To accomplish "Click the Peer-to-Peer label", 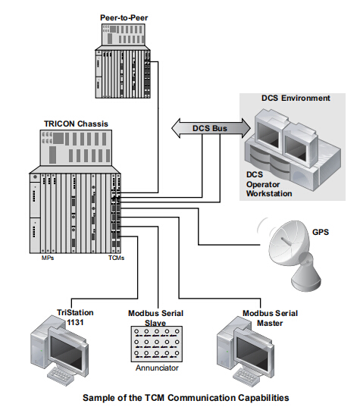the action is [124, 17].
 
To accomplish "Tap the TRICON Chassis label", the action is [76, 124].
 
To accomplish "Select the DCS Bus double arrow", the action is [211, 128].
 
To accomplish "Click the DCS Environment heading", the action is [296, 98].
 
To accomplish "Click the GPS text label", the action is [321, 232].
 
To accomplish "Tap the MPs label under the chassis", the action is [48, 258].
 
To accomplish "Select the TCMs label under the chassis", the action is [117, 258].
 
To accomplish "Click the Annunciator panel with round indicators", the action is [157, 343].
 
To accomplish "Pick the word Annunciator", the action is [157, 368].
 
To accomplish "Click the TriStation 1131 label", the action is [75, 318].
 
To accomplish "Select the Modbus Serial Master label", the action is [270, 318].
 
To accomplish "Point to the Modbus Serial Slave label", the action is [155, 318].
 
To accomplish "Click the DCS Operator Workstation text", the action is [269, 184].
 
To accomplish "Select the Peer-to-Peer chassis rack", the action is [123, 61].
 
